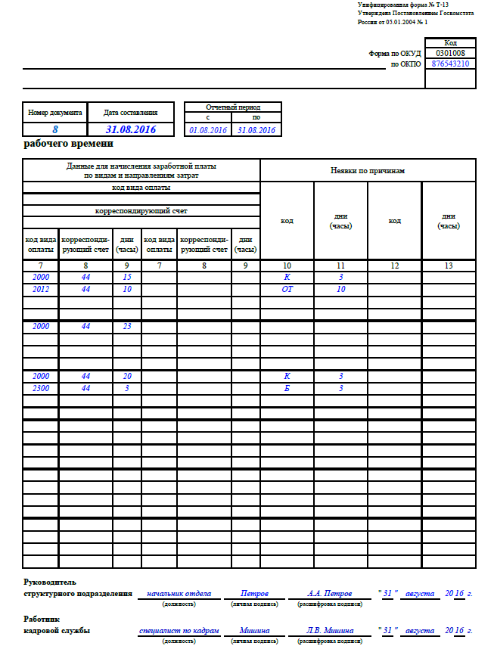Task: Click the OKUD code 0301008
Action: pos(450,54)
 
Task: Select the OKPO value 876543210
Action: pos(450,64)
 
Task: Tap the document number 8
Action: pos(54,130)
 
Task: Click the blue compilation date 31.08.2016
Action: pos(131,130)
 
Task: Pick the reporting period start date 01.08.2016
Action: pos(208,130)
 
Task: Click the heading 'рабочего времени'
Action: pos(68,144)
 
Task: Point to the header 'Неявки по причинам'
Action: pos(368,171)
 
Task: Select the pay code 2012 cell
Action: pos(40,289)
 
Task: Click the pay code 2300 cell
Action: pos(40,388)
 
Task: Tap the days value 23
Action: pos(126,326)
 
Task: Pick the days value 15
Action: pos(126,277)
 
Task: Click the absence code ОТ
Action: pos(287,289)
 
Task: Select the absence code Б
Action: pos(287,388)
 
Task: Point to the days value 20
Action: pos(126,376)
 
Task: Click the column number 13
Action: pos(448,265)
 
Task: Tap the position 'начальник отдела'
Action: pos(179,594)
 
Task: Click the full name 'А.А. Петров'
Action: pos(329,594)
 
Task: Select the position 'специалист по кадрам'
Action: pos(179,630)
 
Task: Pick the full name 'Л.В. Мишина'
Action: pos(329,630)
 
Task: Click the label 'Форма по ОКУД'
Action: pos(394,54)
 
